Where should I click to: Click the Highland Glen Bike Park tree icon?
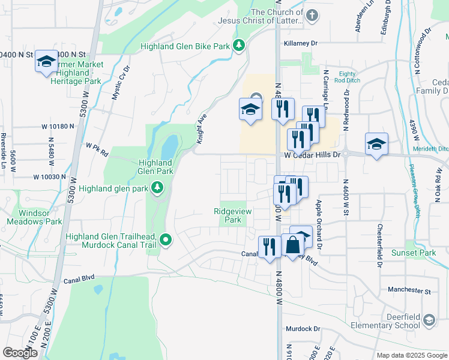(239, 46)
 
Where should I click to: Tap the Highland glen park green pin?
(157, 188)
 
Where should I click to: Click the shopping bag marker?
(294, 245)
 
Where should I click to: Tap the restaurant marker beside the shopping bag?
(268, 246)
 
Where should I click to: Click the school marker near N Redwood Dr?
(376, 144)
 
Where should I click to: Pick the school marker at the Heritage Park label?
(46, 61)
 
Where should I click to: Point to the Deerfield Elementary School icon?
(429, 320)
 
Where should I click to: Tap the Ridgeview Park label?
(228, 215)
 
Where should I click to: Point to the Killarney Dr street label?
(301, 43)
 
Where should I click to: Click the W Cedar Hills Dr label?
(312, 154)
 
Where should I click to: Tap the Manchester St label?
(409, 290)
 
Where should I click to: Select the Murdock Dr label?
(303, 329)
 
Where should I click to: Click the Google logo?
(20, 353)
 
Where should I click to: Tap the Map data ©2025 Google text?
(412, 355)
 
